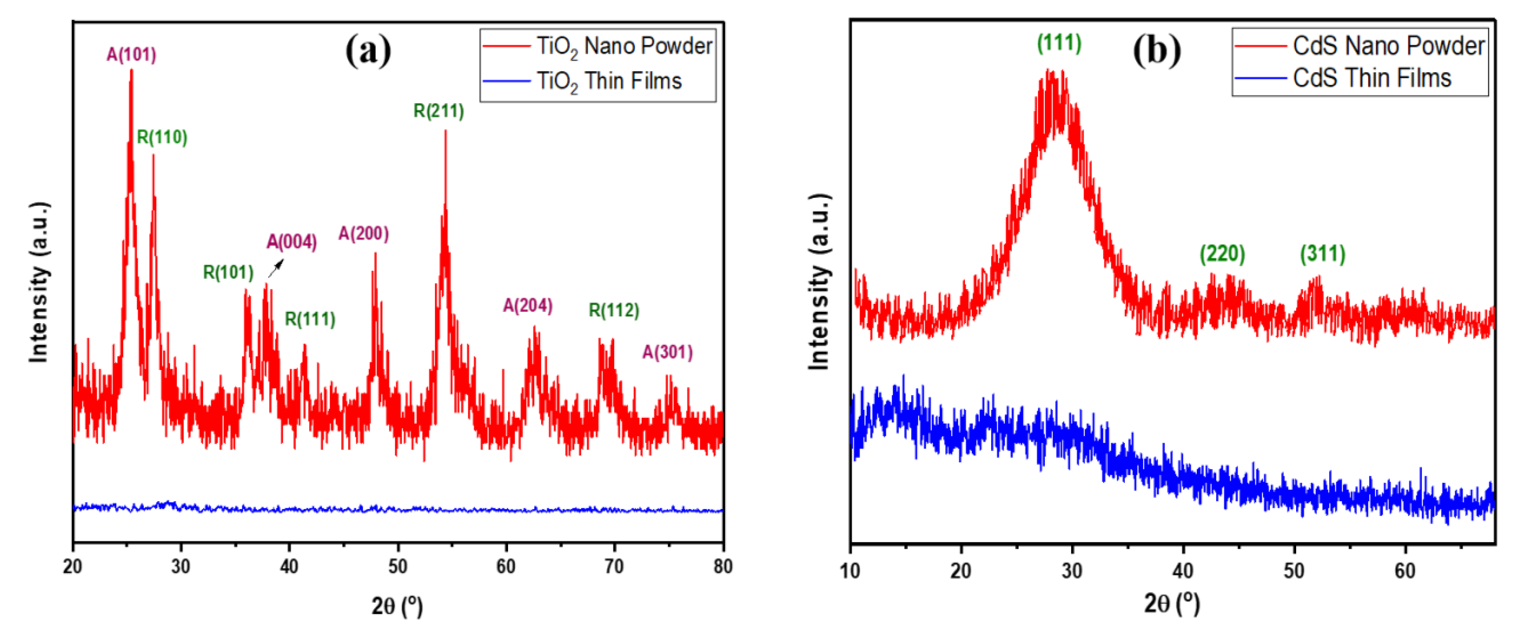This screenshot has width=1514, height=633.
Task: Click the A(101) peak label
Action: pos(131,55)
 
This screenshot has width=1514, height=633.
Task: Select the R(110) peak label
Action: pos(162,137)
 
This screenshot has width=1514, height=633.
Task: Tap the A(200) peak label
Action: pos(363,234)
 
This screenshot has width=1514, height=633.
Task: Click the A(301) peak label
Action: pos(667,352)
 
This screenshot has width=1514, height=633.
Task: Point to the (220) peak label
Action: pos(1222,254)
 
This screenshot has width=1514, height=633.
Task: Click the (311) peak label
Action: pos(1322,254)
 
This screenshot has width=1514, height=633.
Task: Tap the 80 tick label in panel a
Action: pos(723,566)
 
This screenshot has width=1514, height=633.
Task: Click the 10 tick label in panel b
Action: pos(850,570)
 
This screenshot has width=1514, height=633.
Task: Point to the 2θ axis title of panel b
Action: pos(1171,603)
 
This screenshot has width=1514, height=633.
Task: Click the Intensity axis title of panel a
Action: pos(39,282)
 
